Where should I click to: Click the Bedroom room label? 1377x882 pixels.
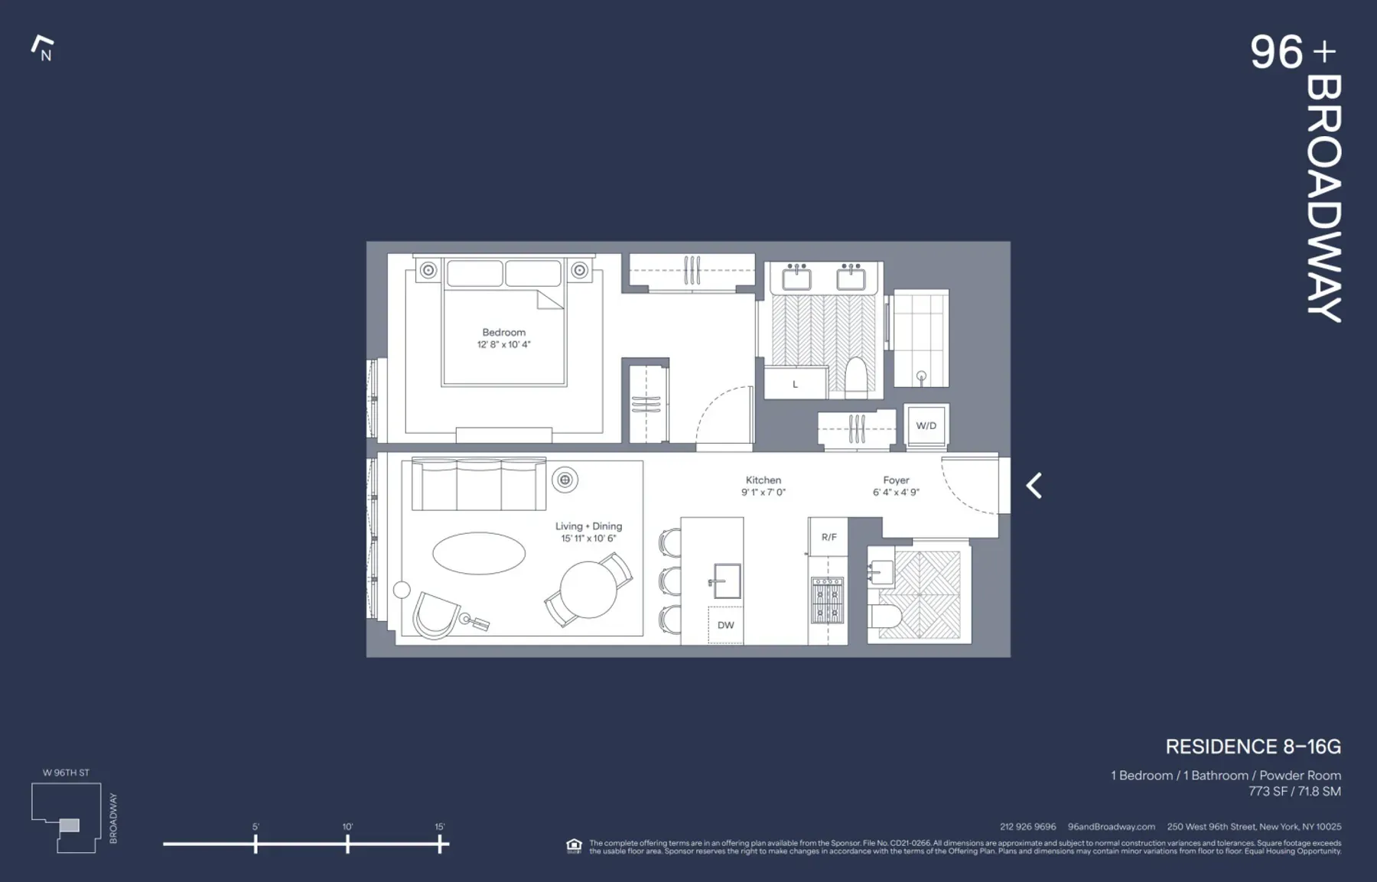503,332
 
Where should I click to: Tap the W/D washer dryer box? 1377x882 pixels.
926,425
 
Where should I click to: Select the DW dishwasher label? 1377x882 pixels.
725,625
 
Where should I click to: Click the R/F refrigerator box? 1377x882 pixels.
828,537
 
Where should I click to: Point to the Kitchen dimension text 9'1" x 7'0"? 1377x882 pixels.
763,493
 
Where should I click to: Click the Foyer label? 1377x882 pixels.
896,480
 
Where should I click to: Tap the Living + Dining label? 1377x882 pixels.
588,526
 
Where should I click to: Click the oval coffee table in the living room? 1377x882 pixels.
479,552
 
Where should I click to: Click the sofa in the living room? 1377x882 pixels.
478,485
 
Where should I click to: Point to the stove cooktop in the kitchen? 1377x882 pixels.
827,600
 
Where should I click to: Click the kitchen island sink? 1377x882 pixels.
727,581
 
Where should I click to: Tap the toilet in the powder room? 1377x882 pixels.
886,617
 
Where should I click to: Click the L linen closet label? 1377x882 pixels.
795,384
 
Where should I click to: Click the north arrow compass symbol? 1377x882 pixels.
43,47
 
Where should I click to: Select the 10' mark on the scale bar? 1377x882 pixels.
347,844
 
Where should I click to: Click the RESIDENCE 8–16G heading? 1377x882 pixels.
1252,747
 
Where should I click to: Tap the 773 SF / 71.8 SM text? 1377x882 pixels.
1294,792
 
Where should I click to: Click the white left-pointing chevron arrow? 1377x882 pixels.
1034,486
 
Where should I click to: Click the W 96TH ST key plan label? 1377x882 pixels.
66,773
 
